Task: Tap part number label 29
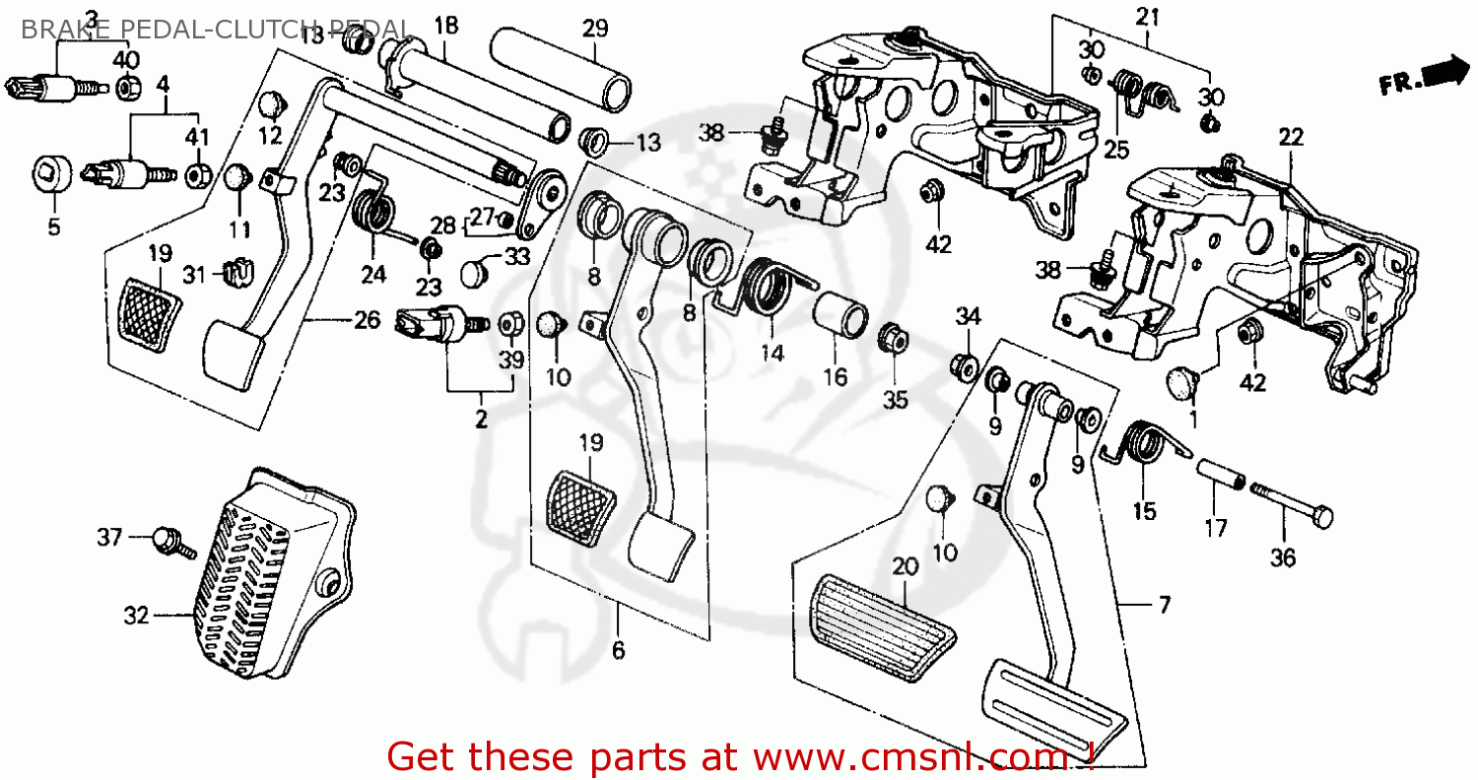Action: (595, 28)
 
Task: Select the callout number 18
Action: (445, 26)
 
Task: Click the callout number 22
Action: (1290, 137)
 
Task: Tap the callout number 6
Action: (618, 651)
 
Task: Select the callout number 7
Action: (1165, 605)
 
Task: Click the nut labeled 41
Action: (198, 176)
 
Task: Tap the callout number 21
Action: (1148, 17)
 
